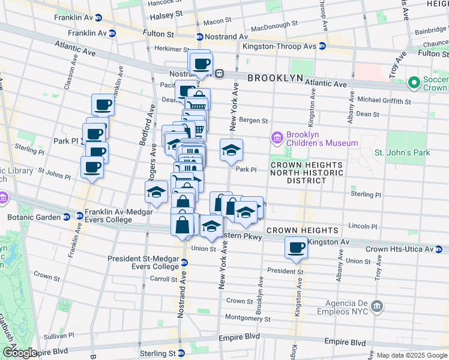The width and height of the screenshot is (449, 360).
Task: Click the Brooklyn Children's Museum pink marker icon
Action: click(277, 138)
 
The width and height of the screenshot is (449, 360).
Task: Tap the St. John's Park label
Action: click(402, 153)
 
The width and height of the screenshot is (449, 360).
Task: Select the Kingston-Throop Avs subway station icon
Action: click(322, 46)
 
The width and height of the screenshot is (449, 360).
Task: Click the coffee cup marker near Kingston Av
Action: click(296, 247)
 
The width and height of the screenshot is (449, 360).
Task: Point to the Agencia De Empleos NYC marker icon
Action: click(376, 307)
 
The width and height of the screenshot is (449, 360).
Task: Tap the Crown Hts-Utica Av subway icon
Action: click(439, 248)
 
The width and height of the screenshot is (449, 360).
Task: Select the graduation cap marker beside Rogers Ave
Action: click(156, 192)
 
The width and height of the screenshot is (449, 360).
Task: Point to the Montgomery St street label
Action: click(248, 318)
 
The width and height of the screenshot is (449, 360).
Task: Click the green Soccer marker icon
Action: click(413, 82)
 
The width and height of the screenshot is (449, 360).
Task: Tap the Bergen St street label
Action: click(253, 121)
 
